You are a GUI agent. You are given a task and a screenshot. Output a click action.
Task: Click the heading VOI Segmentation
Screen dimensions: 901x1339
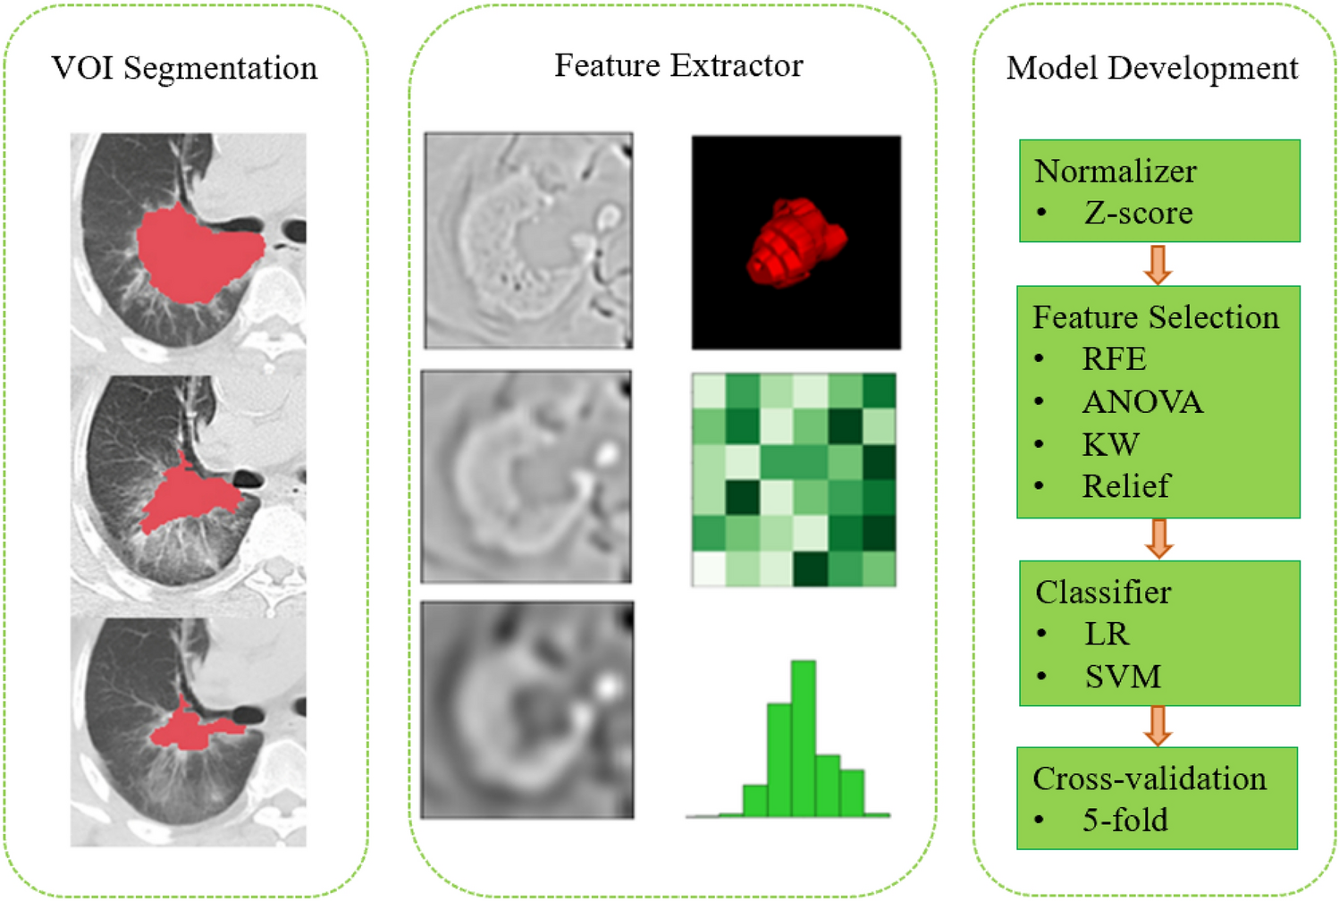pos(184,68)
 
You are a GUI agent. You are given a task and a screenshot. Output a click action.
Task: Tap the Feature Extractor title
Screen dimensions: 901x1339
pos(678,65)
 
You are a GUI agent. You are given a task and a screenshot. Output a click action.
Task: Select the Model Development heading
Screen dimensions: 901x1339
pos(1151,68)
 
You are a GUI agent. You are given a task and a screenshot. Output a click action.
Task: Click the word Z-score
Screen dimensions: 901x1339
pos(1138,213)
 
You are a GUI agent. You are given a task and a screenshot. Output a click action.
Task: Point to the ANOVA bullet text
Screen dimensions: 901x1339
pos(1141,402)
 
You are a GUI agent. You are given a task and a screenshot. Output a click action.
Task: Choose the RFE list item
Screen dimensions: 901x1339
pos(1114,359)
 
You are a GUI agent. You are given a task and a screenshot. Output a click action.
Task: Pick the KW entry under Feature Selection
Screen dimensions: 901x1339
pos(1110,444)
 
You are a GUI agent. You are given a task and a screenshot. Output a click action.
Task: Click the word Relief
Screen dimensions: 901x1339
pos(1125,486)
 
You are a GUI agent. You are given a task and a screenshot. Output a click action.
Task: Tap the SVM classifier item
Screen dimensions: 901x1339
pos(1123,677)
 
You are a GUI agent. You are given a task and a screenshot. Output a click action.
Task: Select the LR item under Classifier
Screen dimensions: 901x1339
pos(1107,634)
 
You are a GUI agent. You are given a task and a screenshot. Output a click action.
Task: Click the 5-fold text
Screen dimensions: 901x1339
pos(1124,820)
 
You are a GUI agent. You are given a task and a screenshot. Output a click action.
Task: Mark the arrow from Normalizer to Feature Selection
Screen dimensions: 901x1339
pos(1158,265)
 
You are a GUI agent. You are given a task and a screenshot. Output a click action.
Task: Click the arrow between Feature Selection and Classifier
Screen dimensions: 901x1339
pos(1158,539)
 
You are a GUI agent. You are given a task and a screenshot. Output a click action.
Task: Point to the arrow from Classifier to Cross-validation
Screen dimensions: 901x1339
pos(1158,726)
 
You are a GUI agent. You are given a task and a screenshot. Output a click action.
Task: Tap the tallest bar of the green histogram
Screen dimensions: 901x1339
pos(803,737)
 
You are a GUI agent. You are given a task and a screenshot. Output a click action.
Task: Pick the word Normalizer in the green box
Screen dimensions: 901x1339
pos(1115,171)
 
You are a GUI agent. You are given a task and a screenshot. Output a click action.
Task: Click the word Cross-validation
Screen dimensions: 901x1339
pos(1150,779)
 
